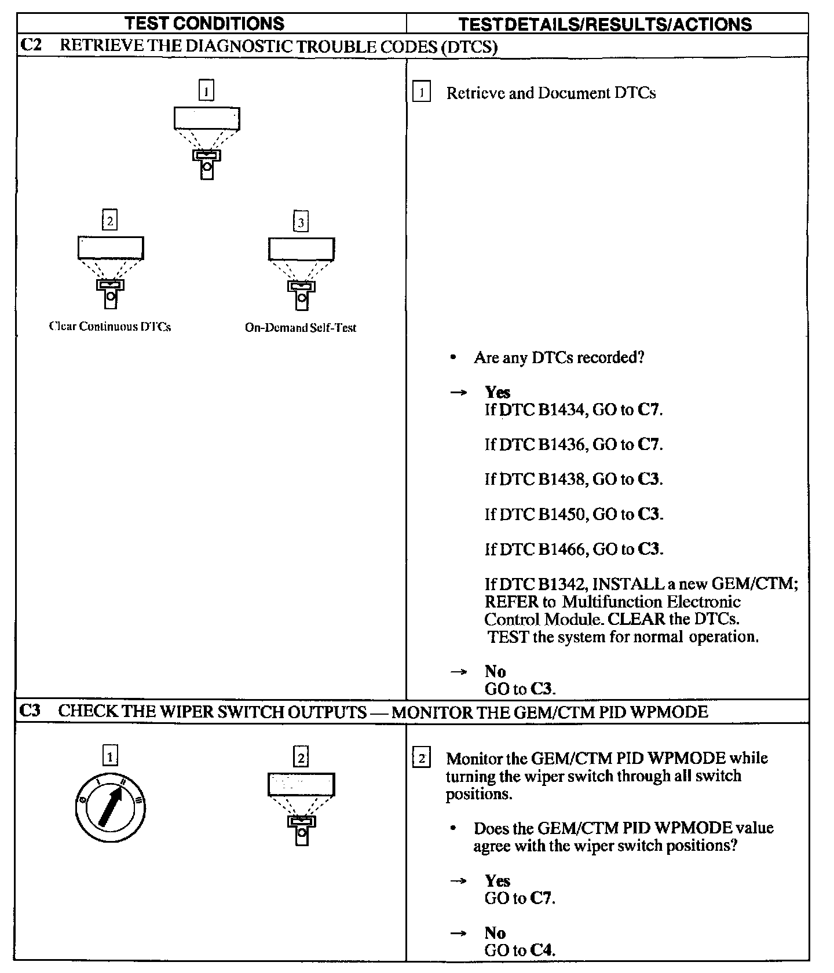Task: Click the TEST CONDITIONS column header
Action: [x=205, y=23]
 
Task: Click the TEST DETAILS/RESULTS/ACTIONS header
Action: [x=605, y=24]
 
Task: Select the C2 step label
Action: [x=31, y=46]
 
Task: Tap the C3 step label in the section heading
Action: [x=31, y=711]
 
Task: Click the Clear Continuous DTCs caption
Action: [x=110, y=327]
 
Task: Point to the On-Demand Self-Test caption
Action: [x=301, y=328]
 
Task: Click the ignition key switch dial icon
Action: [x=110, y=807]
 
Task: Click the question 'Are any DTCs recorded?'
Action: [x=559, y=357]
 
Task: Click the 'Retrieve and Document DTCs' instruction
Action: [x=551, y=93]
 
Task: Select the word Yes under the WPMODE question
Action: [x=498, y=881]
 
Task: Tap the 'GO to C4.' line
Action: [x=520, y=950]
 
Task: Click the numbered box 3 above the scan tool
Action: [x=301, y=222]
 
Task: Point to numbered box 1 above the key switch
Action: [x=110, y=756]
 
